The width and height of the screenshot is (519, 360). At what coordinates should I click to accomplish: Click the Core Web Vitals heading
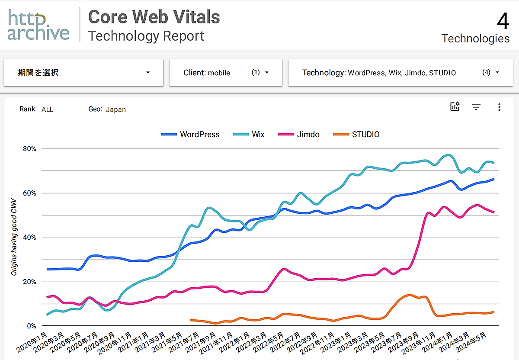click(154, 17)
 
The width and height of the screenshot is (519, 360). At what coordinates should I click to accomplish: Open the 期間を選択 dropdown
click(83, 73)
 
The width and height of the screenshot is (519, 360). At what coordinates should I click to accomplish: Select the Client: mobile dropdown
click(225, 73)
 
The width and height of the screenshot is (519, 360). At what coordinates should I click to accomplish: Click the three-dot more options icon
click(499, 107)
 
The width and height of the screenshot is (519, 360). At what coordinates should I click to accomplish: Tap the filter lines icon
click(476, 107)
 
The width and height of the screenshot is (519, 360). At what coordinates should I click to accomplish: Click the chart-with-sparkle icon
click(455, 107)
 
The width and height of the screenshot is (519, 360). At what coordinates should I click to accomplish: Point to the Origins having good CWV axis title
click(14, 237)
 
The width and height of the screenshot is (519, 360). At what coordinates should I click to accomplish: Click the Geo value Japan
click(116, 109)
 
